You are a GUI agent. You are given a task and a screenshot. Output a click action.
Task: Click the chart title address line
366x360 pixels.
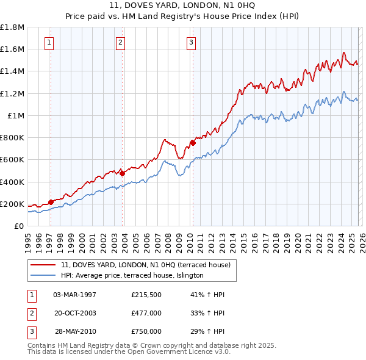pos(183,5)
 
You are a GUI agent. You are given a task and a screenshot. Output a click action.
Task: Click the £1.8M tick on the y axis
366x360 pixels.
pos(12,27)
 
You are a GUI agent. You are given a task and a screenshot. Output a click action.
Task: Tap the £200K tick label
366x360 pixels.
pos(12,204)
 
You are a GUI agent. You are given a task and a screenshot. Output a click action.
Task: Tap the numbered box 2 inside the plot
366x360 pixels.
pos(121,42)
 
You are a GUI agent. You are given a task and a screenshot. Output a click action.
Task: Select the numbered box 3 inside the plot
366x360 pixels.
pos(192,42)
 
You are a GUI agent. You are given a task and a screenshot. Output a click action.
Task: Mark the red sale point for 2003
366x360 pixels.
pos(122,173)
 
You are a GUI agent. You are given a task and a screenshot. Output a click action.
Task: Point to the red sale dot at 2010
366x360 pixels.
pos(193,143)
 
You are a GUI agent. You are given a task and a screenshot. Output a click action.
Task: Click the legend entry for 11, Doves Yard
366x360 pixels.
pos(145,265)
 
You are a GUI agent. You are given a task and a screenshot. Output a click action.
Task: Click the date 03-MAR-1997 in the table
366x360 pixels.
pos(75,295)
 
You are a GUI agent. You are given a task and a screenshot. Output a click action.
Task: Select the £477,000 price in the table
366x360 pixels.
pos(146,313)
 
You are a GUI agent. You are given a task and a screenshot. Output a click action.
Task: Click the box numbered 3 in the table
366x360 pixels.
pos(30,331)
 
